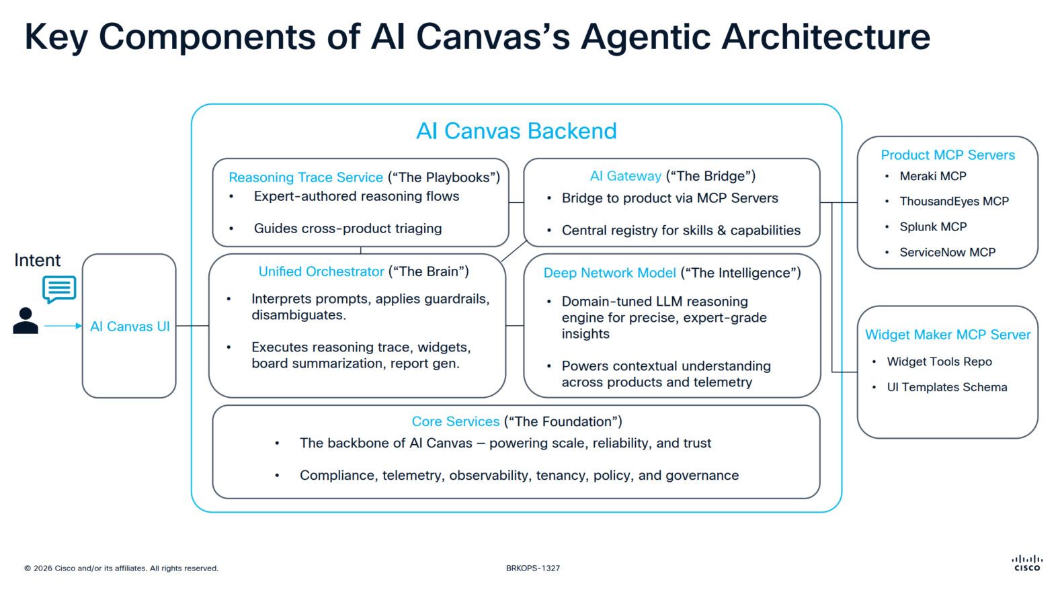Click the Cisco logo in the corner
(1026, 563)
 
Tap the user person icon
(26, 321)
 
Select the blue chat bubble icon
(59, 289)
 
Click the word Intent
(37, 260)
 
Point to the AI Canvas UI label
(130, 327)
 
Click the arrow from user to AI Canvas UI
(63, 326)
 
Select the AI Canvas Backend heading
(516, 130)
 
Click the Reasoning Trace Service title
(306, 177)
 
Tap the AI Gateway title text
(626, 176)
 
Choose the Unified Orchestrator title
(321, 271)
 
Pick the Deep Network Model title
(610, 273)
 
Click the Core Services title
(456, 421)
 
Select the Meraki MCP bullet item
(932, 176)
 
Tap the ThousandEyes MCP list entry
(954, 201)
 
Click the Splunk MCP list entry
(933, 226)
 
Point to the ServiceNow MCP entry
(947, 252)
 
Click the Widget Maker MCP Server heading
(948, 335)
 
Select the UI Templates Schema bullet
(946, 387)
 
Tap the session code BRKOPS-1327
(533, 568)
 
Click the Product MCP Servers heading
(948, 155)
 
